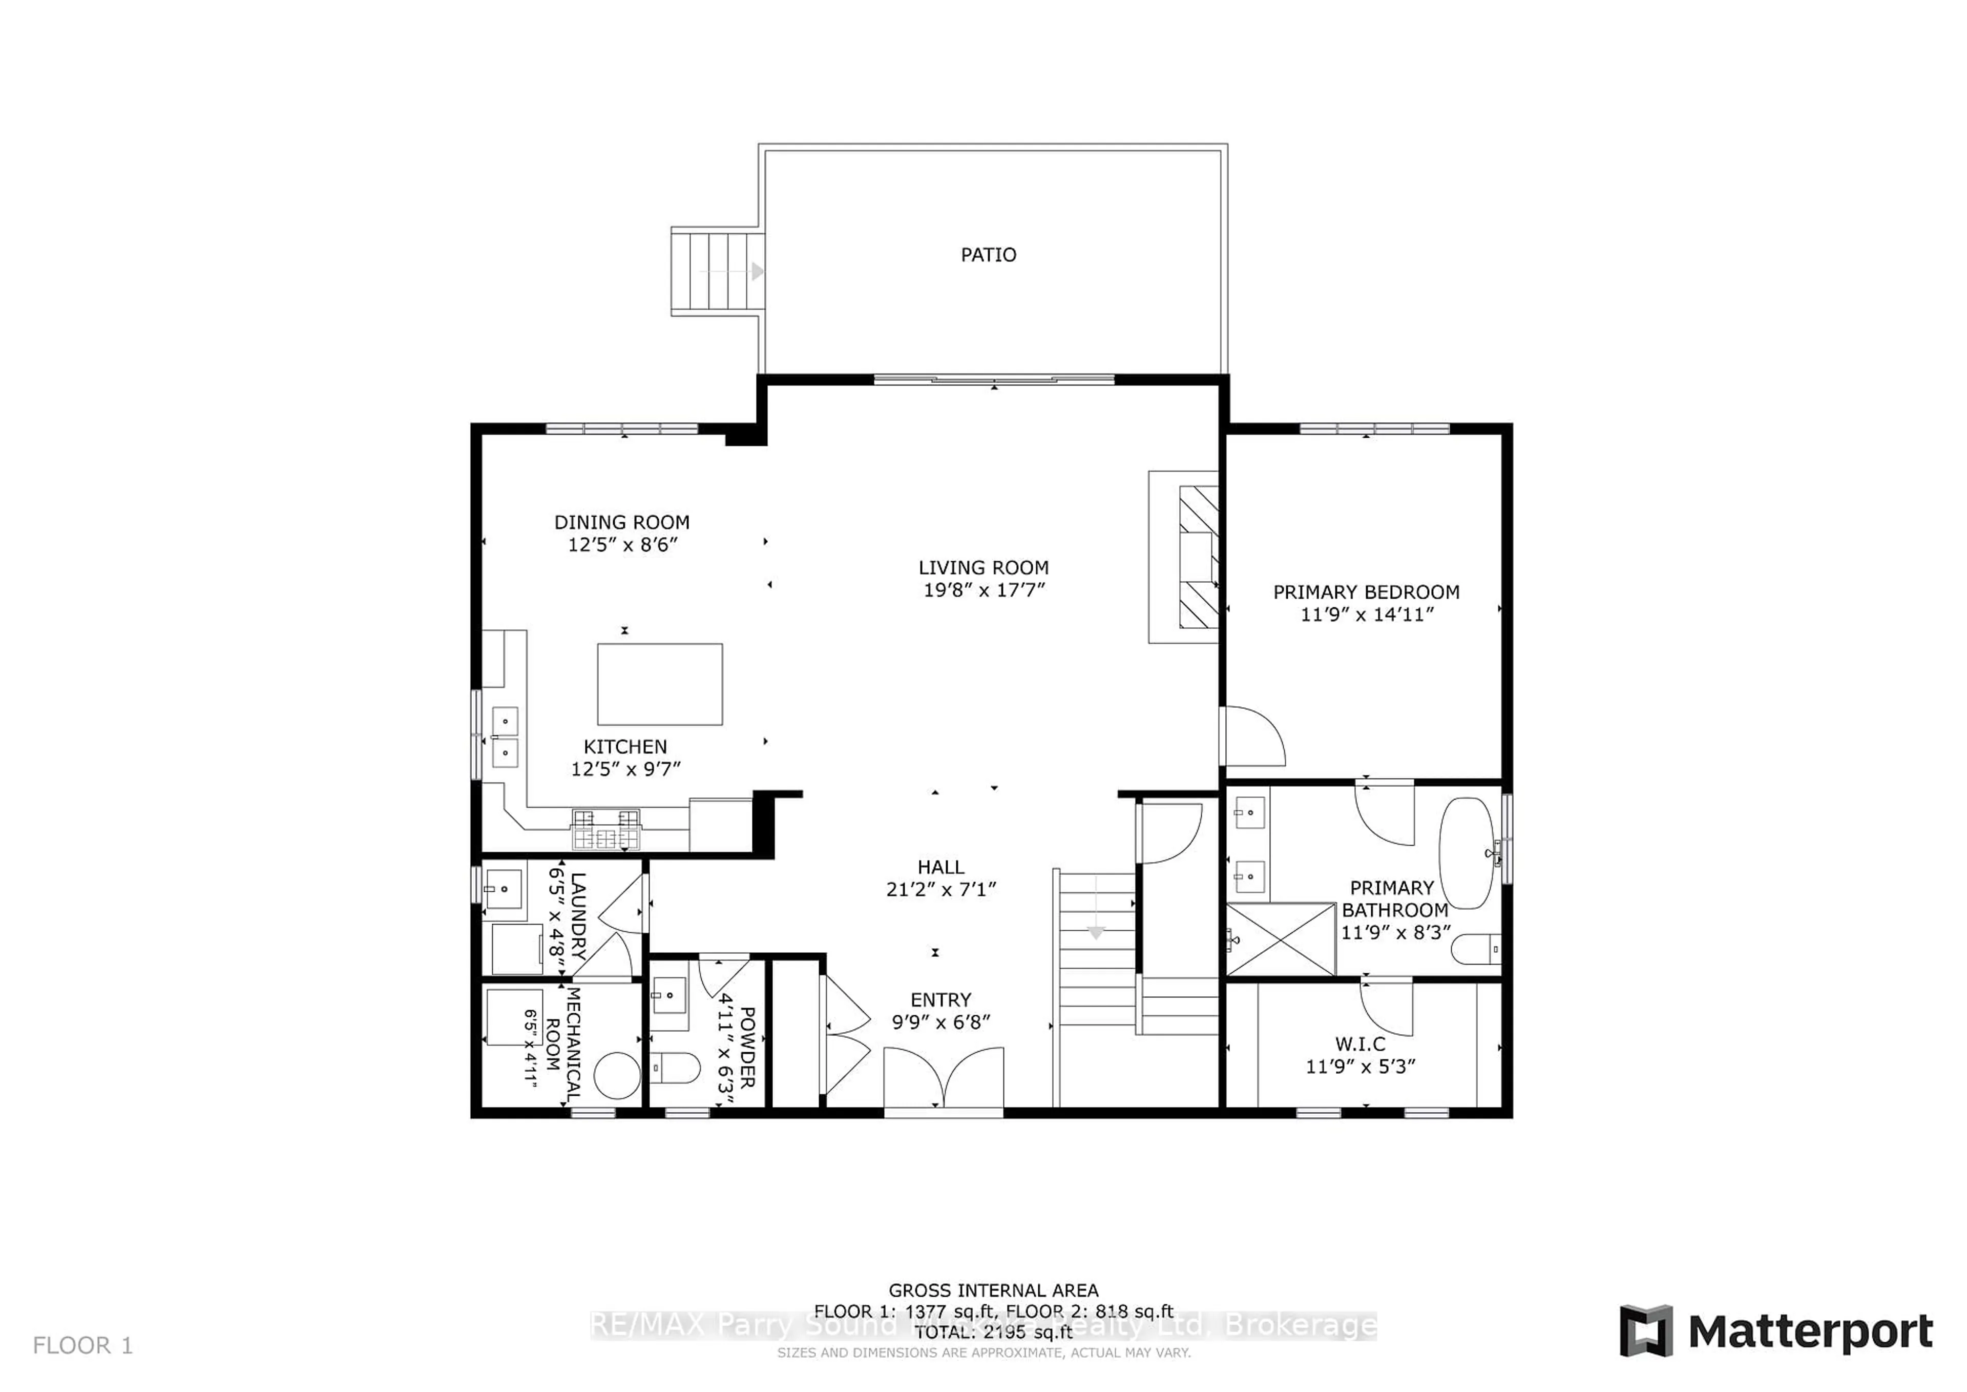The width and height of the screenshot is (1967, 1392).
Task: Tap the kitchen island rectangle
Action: [x=660, y=684]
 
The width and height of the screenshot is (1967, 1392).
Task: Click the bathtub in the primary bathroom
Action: [x=1466, y=853]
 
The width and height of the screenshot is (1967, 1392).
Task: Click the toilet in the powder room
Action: [x=676, y=1068]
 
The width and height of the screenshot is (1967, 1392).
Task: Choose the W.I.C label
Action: [x=1359, y=1044]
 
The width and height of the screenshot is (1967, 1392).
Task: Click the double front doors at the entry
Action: [x=943, y=1080]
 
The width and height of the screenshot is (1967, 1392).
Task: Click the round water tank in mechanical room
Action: [x=617, y=1076]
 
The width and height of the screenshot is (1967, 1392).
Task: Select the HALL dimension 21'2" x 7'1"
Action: [x=940, y=890]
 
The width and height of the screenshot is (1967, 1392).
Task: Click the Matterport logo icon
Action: [x=1646, y=1330]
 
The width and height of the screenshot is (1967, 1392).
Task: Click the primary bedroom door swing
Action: [x=1252, y=737]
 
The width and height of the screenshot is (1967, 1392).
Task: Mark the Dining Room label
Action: [x=621, y=522]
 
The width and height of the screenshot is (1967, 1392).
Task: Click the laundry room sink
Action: [x=503, y=889]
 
